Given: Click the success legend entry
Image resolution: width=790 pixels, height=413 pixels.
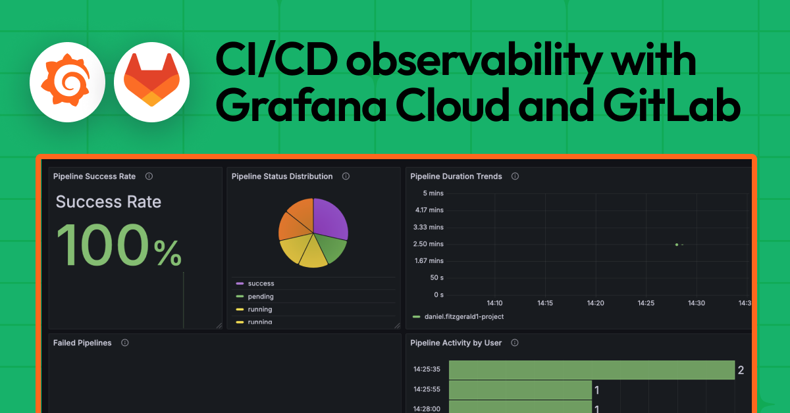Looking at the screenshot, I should [x=261, y=283].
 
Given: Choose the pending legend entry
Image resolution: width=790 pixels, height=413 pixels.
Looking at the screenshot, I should [x=261, y=297].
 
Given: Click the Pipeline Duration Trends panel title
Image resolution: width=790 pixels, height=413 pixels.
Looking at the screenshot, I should [x=456, y=176].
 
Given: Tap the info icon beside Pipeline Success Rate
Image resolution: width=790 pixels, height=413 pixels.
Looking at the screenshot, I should [x=149, y=176].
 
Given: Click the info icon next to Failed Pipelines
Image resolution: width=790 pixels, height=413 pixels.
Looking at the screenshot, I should [x=124, y=343].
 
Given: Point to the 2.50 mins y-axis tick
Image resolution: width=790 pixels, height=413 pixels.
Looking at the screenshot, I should [x=428, y=244].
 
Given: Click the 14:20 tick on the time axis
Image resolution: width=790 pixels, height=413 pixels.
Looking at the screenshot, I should [x=595, y=303].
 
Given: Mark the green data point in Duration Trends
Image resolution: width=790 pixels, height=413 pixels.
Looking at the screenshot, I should [x=677, y=245].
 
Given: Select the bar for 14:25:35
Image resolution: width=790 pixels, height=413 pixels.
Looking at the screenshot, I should [x=591, y=370].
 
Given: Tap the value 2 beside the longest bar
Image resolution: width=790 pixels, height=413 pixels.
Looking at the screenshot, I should [x=741, y=370].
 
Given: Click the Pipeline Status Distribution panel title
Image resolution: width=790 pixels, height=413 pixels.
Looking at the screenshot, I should [x=282, y=176].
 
